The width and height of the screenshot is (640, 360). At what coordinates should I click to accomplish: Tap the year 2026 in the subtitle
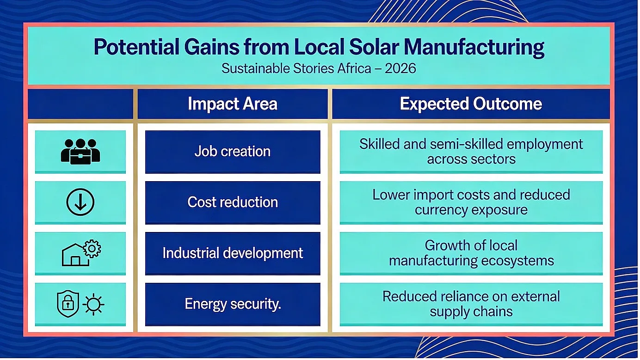tap(400, 68)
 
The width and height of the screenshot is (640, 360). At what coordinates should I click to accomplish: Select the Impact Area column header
tap(233, 104)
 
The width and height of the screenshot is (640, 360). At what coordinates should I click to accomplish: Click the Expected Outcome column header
tap(471, 104)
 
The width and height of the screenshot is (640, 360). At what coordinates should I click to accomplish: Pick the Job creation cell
tap(233, 152)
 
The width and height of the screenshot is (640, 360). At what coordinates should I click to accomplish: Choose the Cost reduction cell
tap(233, 202)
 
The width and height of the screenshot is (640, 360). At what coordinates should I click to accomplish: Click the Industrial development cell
tap(233, 253)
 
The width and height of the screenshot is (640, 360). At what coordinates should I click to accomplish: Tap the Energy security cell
tap(233, 304)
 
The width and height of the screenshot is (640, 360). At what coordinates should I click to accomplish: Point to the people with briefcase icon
tap(80, 152)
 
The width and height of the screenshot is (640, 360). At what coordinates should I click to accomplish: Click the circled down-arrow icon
tap(80, 202)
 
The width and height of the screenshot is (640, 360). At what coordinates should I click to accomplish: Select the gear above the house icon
tap(92, 249)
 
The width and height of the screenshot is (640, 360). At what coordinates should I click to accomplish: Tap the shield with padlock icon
tap(68, 304)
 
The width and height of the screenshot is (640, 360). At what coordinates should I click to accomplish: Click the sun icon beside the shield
tap(93, 305)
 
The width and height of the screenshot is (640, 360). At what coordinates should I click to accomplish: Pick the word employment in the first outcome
tap(545, 145)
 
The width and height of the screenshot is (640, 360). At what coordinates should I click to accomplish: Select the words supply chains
tap(471, 312)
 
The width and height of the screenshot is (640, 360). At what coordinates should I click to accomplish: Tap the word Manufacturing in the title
tap(474, 48)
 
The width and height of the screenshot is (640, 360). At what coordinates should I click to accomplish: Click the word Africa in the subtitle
tap(354, 68)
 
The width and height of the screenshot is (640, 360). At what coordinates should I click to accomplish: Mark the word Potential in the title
tap(136, 47)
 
